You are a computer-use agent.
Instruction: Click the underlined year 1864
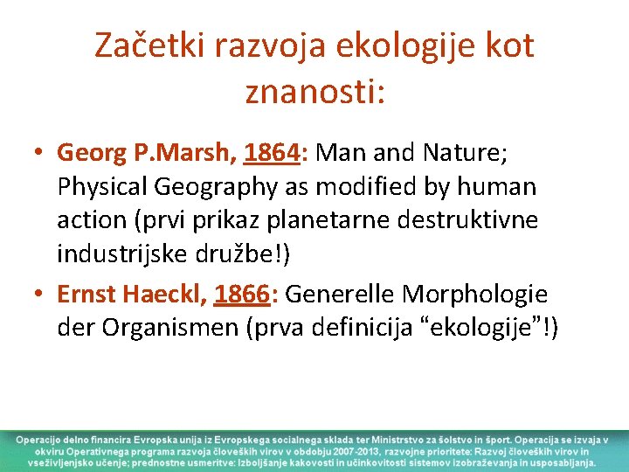click(x=271, y=153)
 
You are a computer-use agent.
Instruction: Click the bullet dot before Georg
click(x=40, y=154)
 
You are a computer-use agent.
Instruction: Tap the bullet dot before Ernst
click(x=40, y=295)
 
